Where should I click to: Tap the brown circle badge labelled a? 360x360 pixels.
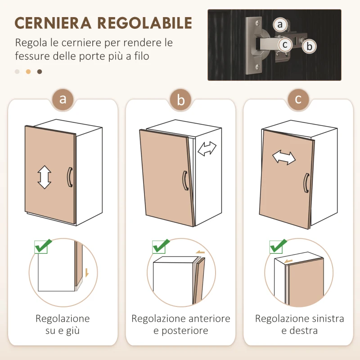click(63, 99)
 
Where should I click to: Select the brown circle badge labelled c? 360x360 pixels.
click(298, 99)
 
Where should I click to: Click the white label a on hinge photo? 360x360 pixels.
click(281, 24)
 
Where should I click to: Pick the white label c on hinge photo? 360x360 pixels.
click(284, 45)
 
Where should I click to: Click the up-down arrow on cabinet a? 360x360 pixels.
click(44, 177)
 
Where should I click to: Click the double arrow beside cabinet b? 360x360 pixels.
click(207, 148)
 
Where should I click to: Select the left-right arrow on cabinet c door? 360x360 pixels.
click(284, 157)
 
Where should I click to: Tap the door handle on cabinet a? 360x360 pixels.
click(69, 176)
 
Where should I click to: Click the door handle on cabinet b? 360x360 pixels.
click(184, 180)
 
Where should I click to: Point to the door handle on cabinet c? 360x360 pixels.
click(306, 184)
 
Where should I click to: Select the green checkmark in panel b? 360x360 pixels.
click(161, 246)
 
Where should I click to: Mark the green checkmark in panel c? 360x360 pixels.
click(279, 246)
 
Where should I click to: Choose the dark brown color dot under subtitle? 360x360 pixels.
click(40, 72)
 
